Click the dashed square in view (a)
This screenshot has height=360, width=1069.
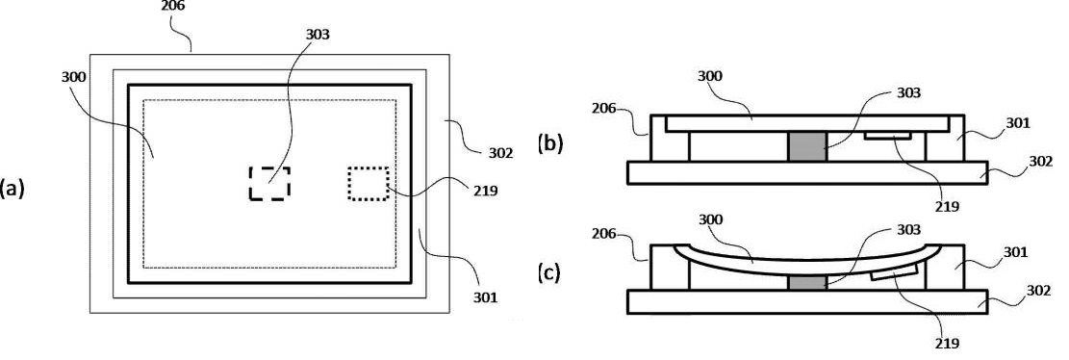click(x=269, y=182)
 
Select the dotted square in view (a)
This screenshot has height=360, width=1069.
click(x=368, y=182)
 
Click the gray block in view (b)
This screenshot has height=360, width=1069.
click(x=806, y=146)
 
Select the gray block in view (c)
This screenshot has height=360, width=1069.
click(x=806, y=282)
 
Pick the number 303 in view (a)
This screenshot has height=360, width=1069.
click(x=318, y=34)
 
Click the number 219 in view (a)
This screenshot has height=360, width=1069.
click(x=485, y=191)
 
